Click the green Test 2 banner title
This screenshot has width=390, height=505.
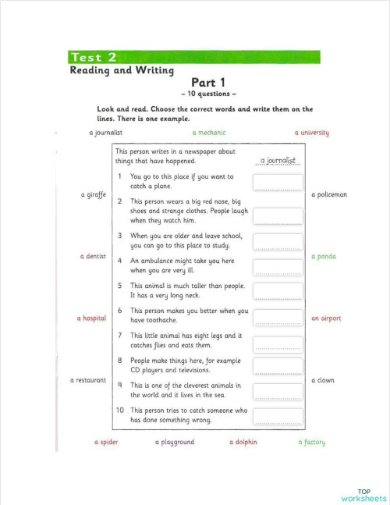tap(94, 57)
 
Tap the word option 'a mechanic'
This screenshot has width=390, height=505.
tap(208, 133)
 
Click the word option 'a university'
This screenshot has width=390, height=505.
tap(312, 133)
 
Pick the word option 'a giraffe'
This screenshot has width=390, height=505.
tap(93, 194)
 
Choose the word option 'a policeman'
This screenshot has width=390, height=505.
tap(328, 194)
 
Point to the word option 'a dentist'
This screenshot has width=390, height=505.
tap(93, 256)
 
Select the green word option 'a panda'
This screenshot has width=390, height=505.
tap(324, 256)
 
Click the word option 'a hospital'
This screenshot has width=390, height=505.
tap(91, 318)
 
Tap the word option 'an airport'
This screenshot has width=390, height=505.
tap(326, 318)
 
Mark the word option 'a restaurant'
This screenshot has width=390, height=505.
tap(88, 380)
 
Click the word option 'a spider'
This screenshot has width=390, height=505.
tap(106, 443)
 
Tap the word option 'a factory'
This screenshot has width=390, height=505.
tap(312, 443)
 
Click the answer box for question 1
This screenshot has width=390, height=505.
tap(278, 183)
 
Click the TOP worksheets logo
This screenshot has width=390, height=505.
tap(363, 495)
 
